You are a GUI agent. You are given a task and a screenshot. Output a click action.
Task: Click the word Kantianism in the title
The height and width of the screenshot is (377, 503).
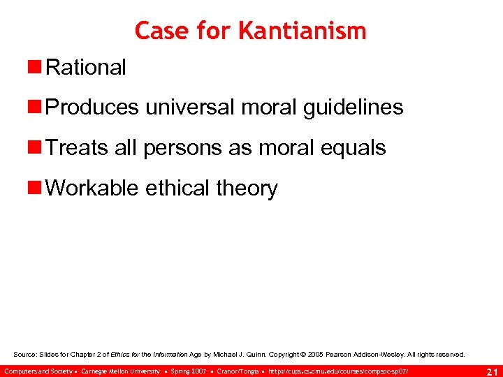point(302,31)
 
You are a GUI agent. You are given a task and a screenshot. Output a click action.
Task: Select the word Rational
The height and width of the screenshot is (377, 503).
point(86,68)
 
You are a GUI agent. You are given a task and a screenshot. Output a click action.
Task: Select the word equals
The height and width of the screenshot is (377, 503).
point(352,148)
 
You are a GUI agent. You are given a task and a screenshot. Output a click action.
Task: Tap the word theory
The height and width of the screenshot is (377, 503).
point(247,188)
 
